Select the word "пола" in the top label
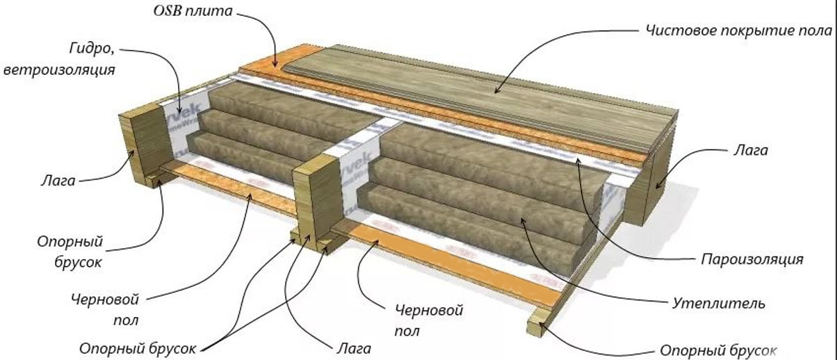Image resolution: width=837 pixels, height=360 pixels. click(x=820, y=31)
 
